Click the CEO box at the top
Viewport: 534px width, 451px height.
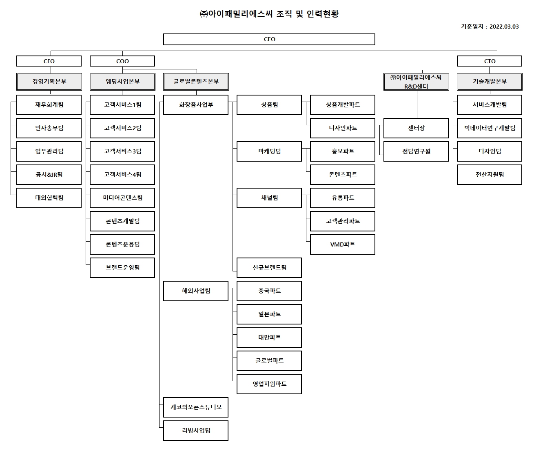coord(269,39)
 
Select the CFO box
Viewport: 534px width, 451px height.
coord(49,61)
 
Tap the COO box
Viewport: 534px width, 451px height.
coord(122,61)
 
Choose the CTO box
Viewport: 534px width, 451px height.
coord(490,61)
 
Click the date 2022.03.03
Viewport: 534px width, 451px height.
coord(504,27)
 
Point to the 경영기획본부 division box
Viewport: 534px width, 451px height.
coord(49,82)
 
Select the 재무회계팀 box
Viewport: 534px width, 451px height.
coord(49,105)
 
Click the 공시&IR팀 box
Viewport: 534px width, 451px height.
coord(49,175)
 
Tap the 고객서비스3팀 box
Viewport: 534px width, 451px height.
coord(122,151)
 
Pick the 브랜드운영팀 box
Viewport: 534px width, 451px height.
coord(122,268)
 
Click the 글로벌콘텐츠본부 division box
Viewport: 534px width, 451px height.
coord(196,82)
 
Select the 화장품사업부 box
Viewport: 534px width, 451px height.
coord(196,105)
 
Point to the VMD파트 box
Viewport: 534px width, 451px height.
coord(343,244)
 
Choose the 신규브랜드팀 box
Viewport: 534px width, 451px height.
coord(269,268)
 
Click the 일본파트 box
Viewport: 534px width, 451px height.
coord(269,314)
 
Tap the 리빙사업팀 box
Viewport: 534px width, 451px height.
coord(196,431)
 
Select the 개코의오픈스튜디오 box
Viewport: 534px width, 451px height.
coord(196,407)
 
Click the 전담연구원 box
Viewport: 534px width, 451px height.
coord(416,151)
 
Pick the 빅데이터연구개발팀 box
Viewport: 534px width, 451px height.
coord(490,128)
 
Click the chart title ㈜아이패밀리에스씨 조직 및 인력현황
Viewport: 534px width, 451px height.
coord(269,14)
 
